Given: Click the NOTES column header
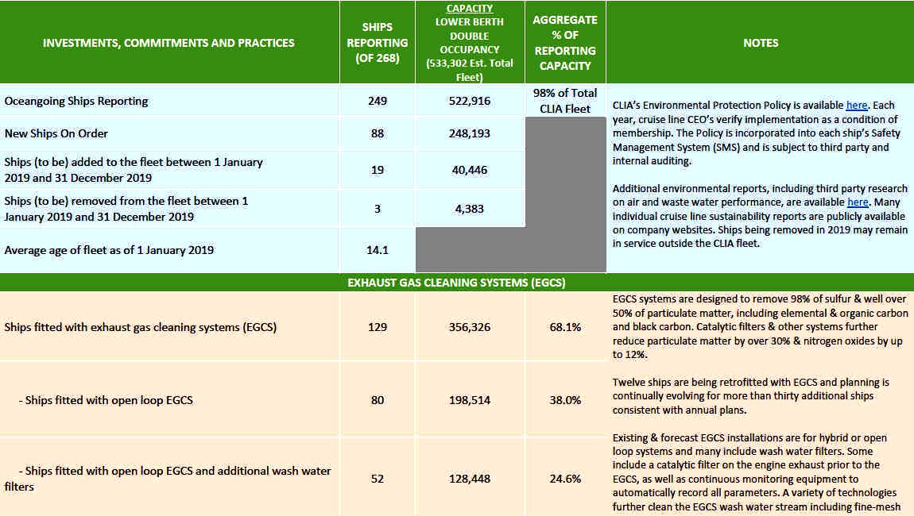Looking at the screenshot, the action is click(x=761, y=43).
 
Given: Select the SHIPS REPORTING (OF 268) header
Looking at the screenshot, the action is click(x=378, y=43).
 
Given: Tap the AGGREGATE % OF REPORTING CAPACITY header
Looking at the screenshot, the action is click(x=565, y=43).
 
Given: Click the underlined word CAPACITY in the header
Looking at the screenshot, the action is click(x=469, y=8).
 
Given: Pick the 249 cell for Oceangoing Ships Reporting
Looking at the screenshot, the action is click(x=378, y=101).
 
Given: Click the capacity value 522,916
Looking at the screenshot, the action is click(x=469, y=101).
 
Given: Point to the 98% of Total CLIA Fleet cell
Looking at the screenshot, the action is click(x=565, y=101).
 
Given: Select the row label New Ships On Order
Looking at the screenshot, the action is click(x=56, y=133).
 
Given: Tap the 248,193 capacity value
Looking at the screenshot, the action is click(x=469, y=133).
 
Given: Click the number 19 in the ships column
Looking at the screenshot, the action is click(x=378, y=170).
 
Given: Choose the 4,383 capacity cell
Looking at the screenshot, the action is click(x=469, y=209).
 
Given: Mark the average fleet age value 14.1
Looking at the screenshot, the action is click(x=378, y=250).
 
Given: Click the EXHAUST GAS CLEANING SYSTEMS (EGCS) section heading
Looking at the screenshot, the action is click(x=456, y=283).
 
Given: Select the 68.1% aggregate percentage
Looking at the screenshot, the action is click(x=565, y=327).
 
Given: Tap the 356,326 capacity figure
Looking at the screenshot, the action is click(x=469, y=327).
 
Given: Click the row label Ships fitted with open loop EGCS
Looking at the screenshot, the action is click(x=106, y=400).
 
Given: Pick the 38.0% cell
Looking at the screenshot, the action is click(x=565, y=400).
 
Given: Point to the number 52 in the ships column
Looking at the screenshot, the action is click(x=378, y=479).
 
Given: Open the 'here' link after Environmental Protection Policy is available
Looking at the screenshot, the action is click(x=856, y=106).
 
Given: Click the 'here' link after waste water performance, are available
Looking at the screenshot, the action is click(x=858, y=202).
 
